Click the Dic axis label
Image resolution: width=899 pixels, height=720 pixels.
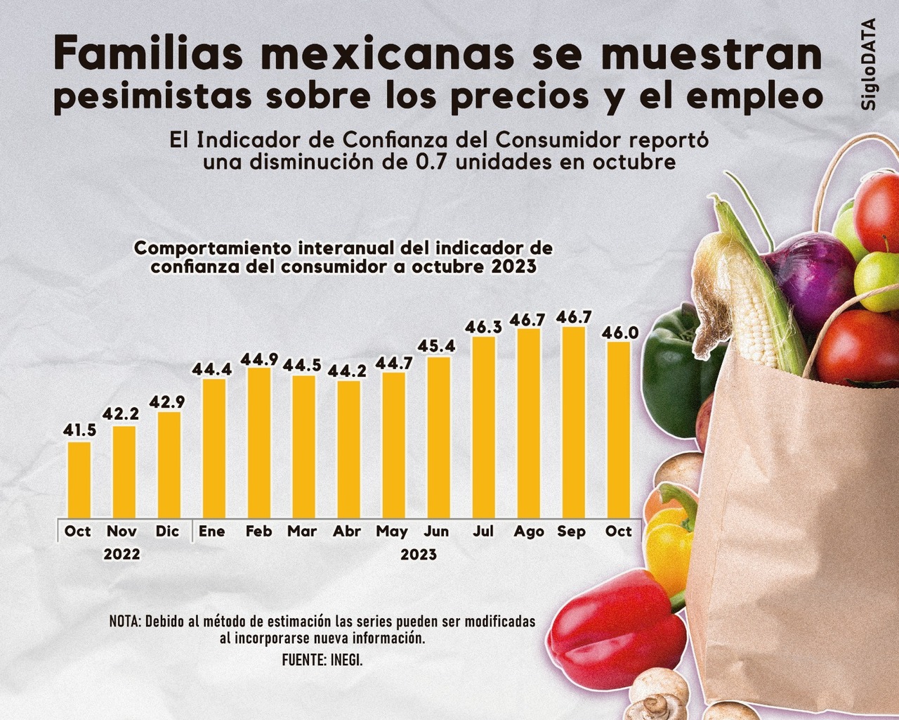[168, 532]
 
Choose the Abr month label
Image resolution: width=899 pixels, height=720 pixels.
[347, 532]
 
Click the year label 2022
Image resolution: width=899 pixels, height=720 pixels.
[122, 554]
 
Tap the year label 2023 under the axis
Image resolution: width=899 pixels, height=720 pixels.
[419, 555]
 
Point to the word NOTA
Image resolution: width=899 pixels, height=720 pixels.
[125, 622]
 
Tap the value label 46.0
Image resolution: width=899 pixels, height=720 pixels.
[619, 332]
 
